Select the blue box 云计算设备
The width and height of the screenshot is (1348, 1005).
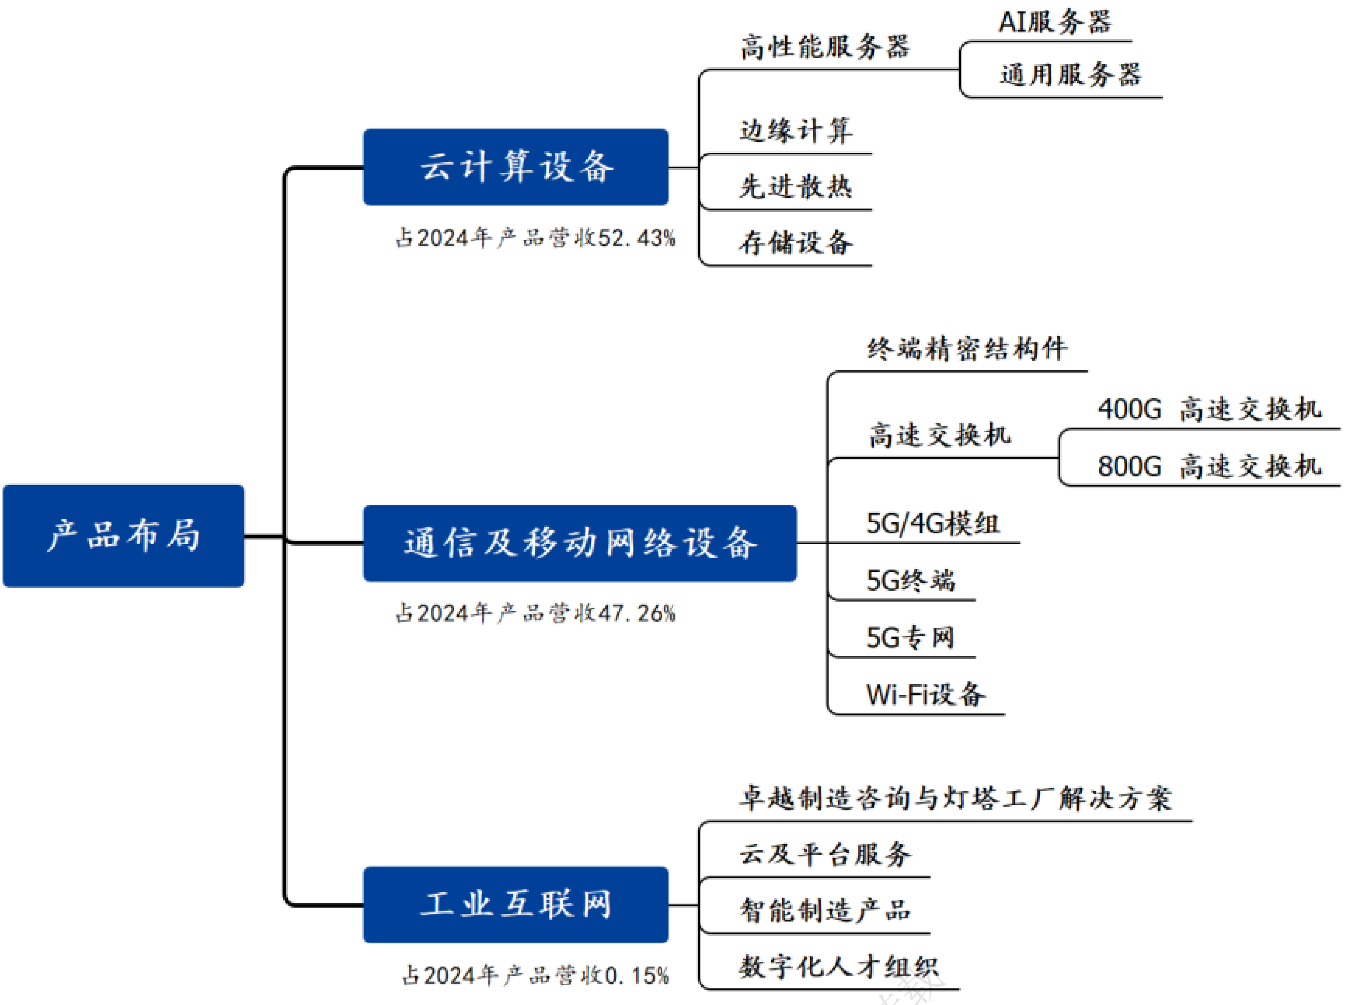tap(516, 167)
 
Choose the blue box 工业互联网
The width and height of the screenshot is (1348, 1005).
tap(516, 905)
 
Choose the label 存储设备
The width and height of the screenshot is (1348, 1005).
tap(796, 243)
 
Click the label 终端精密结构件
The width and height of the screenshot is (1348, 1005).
tap(967, 349)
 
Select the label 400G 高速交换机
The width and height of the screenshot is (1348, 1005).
tap(1209, 409)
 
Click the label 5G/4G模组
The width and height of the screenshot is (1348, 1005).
tap(932, 524)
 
